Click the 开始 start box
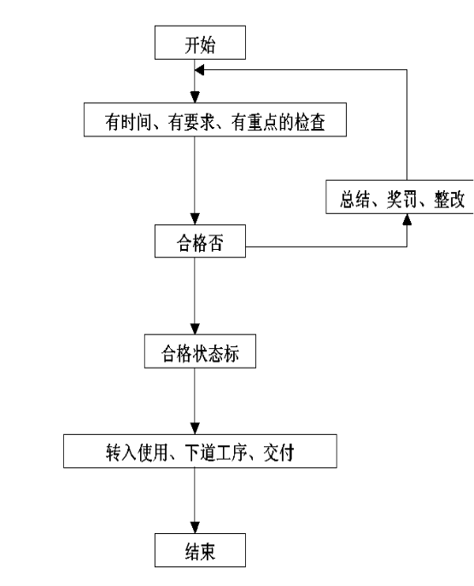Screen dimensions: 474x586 [x=200, y=43]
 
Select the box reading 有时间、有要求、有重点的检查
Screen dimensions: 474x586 [x=215, y=119]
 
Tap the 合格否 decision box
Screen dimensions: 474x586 [x=200, y=241]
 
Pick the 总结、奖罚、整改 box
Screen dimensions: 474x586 [x=400, y=197]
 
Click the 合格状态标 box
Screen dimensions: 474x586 [x=200, y=351]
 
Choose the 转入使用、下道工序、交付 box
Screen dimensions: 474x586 [x=200, y=451]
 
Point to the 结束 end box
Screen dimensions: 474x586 [x=200, y=550]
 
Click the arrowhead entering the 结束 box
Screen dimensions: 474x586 [x=195, y=528]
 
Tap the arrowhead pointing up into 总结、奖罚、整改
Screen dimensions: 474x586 [x=407, y=220]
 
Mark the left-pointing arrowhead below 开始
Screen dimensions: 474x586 [x=200, y=70]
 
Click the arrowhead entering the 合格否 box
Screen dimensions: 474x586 [x=195, y=219]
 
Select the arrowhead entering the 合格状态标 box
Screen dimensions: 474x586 [x=195, y=329]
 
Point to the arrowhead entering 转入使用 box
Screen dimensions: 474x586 [x=195, y=429]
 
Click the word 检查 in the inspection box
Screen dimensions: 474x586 [x=310, y=122]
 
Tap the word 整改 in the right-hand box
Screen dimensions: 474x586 [x=449, y=199]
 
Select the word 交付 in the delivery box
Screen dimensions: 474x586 [x=278, y=453]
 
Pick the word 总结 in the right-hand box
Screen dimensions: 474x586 [x=355, y=199]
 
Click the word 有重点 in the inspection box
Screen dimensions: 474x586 [x=255, y=122]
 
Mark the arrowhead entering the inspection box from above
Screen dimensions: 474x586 [x=195, y=97]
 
